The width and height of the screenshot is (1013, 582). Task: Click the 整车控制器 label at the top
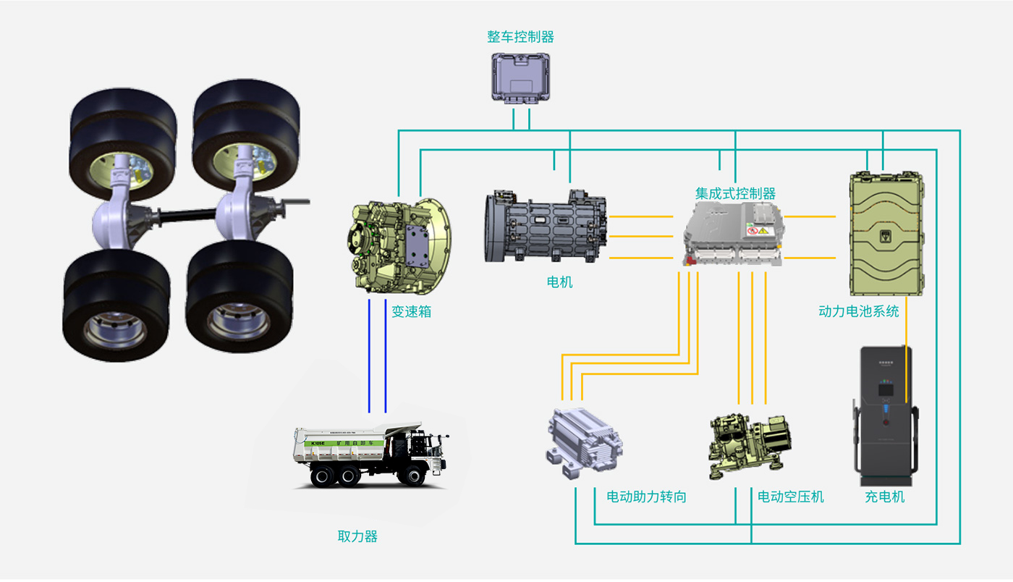click(520, 37)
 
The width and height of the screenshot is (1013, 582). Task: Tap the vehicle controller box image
click(521, 78)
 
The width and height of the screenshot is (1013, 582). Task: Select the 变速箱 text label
click(411, 313)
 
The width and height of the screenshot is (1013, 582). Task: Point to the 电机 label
click(559, 282)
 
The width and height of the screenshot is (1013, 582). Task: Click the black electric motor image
click(546, 226)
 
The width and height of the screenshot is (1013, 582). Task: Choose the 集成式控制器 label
click(735, 194)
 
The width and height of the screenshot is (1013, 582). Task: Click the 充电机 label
click(884, 497)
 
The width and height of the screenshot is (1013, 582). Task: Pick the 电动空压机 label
click(790, 497)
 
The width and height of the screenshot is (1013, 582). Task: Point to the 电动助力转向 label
click(645, 497)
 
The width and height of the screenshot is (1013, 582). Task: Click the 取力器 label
click(357, 537)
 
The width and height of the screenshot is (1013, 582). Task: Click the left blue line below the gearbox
click(369, 355)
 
